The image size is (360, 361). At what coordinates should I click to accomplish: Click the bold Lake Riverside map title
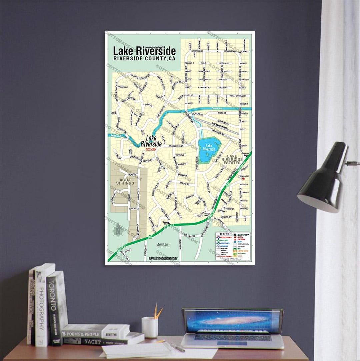(144, 51)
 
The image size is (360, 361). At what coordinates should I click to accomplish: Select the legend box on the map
(233, 246)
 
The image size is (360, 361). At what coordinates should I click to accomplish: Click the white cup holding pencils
(150, 327)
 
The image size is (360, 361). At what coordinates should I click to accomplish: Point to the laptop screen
(232, 320)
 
